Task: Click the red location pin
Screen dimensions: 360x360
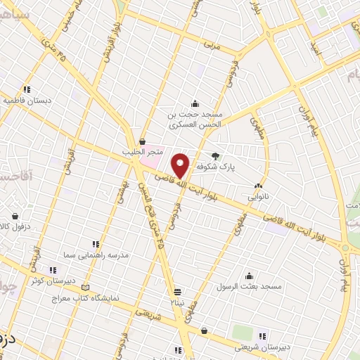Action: click(181, 164)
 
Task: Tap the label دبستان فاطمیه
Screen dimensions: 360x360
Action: click(29, 101)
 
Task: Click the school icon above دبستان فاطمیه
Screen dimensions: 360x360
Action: click(27, 89)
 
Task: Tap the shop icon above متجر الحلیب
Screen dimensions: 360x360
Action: click(142, 141)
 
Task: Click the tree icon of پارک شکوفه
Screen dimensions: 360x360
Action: click(215, 157)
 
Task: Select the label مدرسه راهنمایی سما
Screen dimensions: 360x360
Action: click(96, 257)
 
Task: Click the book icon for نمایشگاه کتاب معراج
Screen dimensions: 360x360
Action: click(86, 288)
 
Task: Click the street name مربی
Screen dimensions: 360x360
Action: click(212, 46)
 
